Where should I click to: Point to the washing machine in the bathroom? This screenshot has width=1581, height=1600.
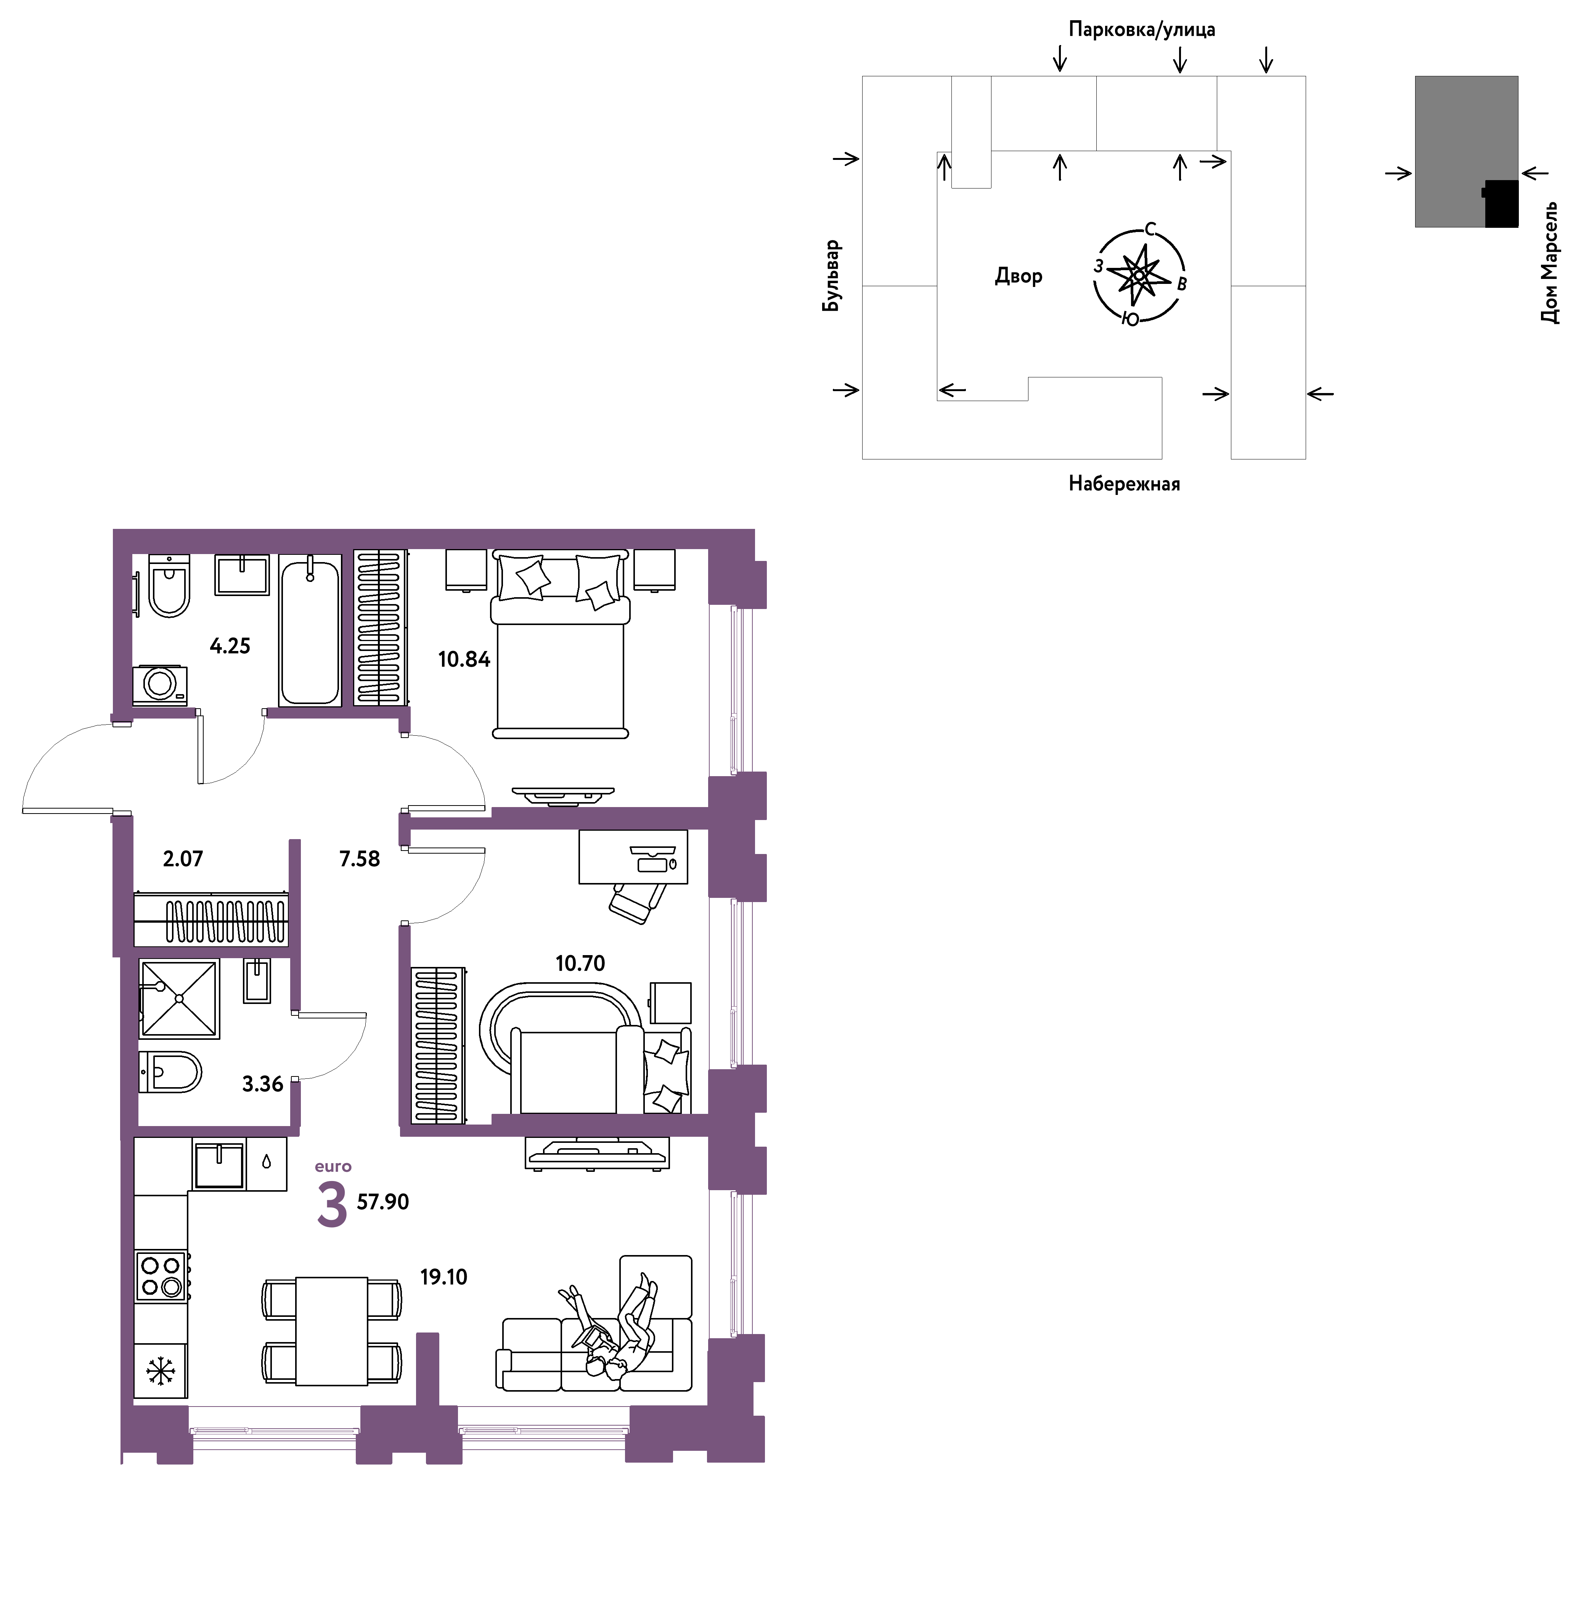pos(160,685)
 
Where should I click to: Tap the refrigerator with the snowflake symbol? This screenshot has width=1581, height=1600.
pos(161,1371)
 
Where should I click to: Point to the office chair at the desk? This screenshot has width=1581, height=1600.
pos(637,902)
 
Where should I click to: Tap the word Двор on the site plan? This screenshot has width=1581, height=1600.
pos(1018,276)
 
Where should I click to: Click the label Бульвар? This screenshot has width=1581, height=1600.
pos(831,276)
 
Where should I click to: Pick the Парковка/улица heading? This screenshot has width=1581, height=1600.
pos(1141,30)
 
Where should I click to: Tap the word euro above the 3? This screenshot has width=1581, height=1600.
pos(333,1167)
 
